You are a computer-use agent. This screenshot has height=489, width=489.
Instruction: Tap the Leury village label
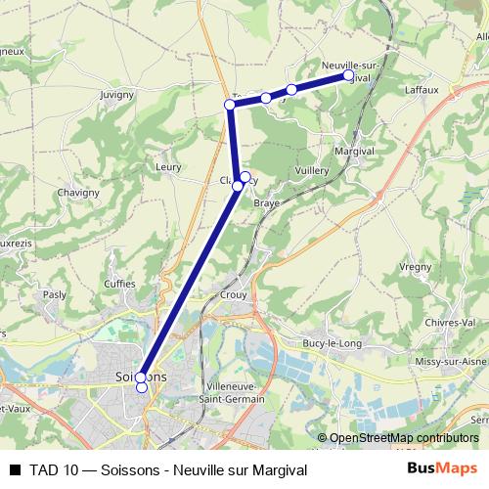(x=169, y=167)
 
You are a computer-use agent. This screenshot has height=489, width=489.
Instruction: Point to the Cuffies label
(x=120, y=285)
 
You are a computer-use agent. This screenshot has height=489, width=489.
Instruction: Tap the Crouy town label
(x=234, y=294)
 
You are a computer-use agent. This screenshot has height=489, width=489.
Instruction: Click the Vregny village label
(x=416, y=266)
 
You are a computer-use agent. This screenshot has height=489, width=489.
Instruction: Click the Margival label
(x=354, y=153)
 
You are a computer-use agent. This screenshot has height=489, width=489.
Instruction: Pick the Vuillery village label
(x=312, y=170)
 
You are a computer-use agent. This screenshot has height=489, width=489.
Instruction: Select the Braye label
(x=267, y=203)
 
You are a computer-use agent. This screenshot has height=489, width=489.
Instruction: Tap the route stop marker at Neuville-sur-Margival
(x=347, y=75)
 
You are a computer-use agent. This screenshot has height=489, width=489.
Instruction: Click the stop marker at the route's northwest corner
(x=230, y=105)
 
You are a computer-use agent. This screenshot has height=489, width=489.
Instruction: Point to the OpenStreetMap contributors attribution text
(x=404, y=439)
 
